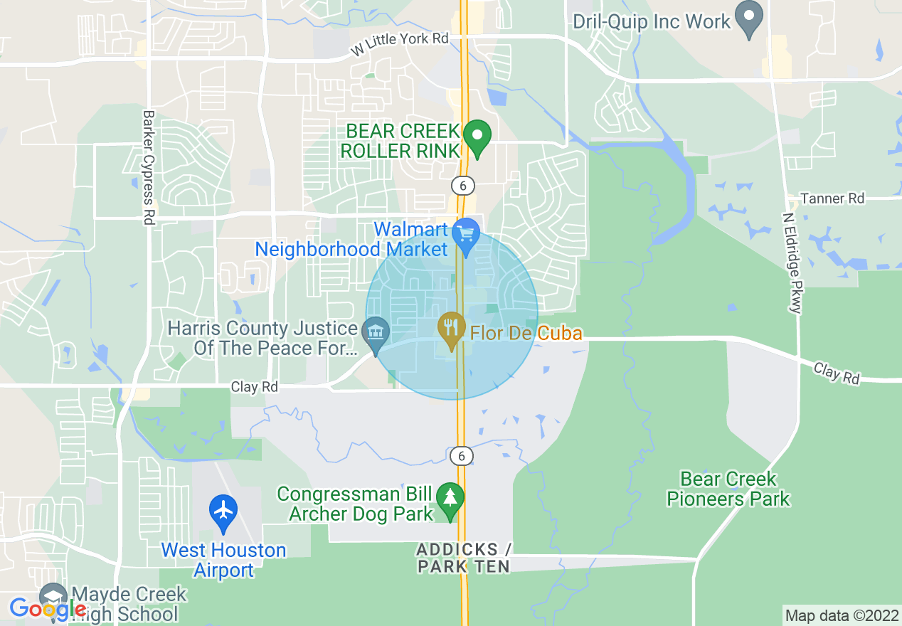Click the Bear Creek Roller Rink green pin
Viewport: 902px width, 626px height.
477,135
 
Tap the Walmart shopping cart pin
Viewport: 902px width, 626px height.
467,234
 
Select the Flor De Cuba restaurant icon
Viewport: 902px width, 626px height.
450,328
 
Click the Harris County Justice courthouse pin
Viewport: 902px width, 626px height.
376,332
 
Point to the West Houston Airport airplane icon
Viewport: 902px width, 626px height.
223,511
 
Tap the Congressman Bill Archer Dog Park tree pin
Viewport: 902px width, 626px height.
450,497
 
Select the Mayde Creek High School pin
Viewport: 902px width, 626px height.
52,597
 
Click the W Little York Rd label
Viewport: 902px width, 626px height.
400,44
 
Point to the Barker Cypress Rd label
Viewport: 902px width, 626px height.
149,167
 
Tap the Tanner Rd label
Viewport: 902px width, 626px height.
832,198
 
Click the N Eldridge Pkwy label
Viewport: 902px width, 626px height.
792,262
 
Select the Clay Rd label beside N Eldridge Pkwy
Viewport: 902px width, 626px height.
836,373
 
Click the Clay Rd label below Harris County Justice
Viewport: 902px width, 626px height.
253,387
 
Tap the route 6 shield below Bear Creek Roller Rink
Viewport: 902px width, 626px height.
462,185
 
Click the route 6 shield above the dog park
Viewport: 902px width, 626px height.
462,455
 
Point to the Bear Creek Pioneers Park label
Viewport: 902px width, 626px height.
728,489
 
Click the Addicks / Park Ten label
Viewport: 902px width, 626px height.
464,558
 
